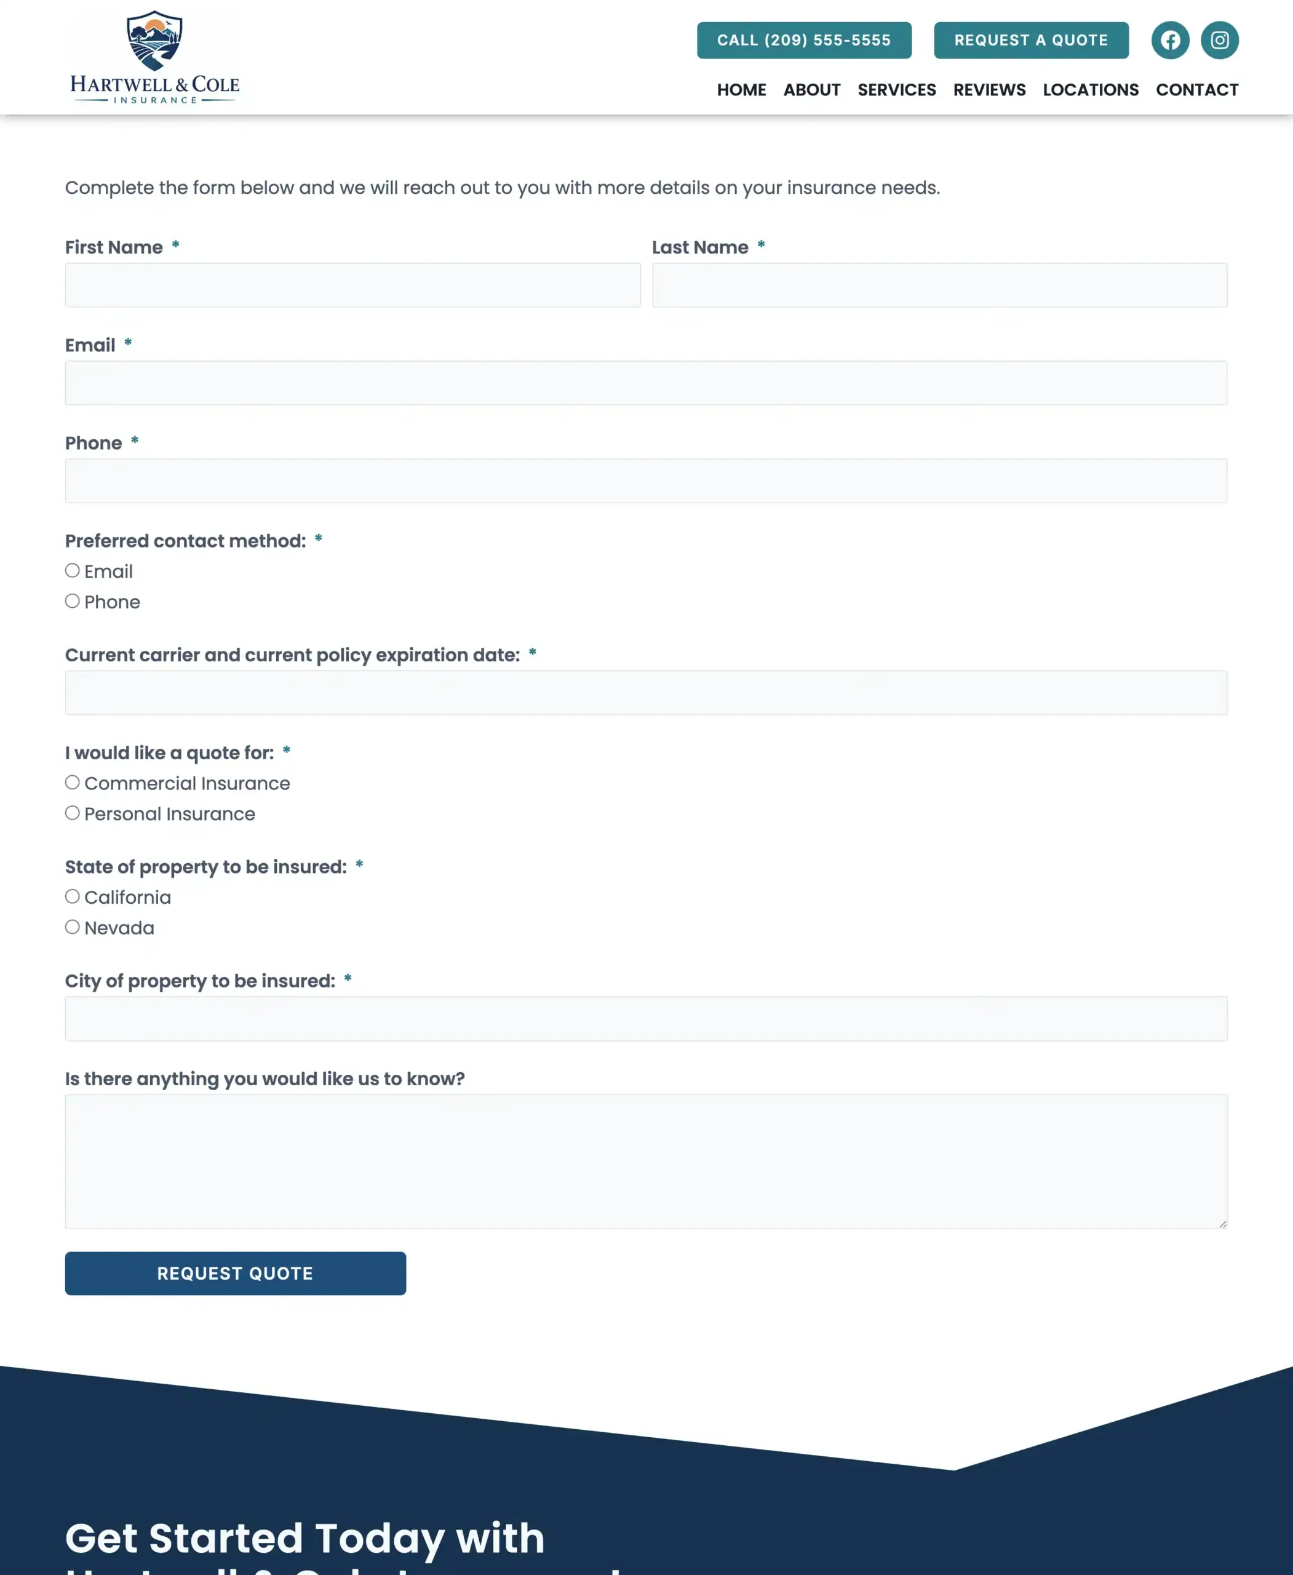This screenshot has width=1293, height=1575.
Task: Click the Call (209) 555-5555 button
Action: pos(803,40)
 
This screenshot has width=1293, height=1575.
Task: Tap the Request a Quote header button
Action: pos(1031,40)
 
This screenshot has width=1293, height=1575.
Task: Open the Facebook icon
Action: pos(1170,40)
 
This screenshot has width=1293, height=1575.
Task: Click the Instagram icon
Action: pos(1219,40)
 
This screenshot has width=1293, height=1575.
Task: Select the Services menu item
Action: pos(896,90)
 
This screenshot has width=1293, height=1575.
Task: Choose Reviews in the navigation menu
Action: pos(989,90)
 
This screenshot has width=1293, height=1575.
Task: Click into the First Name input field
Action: pos(352,285)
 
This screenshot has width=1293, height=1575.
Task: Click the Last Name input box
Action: pos(939,285)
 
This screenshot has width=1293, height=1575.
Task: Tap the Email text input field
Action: pos(646,383)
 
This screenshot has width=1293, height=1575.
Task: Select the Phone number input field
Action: pos(646,481)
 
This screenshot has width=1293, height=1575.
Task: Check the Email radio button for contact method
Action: pos(72,571)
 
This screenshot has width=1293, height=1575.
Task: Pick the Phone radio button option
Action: pos(72,601)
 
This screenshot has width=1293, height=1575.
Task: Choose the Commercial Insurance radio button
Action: pos(72,783)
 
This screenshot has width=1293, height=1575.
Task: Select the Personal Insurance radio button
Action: pos(72,813)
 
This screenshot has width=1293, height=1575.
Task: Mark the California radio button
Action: pos(72,896)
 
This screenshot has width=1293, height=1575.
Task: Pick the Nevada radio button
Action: pos(72,927)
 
